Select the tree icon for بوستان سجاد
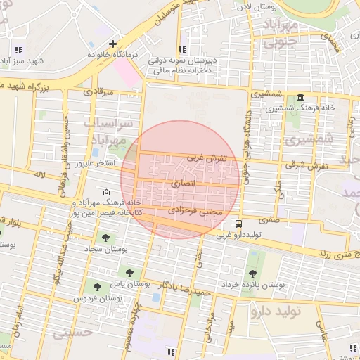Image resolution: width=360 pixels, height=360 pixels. point(105,238)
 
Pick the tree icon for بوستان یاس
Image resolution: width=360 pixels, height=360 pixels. point(128,272)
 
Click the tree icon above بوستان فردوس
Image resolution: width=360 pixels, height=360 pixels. point(97,287)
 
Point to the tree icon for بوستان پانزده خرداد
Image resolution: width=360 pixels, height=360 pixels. point(252,274)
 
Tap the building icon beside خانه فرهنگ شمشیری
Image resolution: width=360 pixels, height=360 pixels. point(301,98)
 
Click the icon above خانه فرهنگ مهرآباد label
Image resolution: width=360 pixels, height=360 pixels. point(106,192)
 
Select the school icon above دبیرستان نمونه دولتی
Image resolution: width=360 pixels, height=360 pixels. point(182,49)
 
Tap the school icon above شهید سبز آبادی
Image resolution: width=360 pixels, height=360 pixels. point(18,50)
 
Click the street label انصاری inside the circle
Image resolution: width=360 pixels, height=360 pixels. point(182,183)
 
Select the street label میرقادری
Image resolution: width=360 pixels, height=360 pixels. point(98,91)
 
